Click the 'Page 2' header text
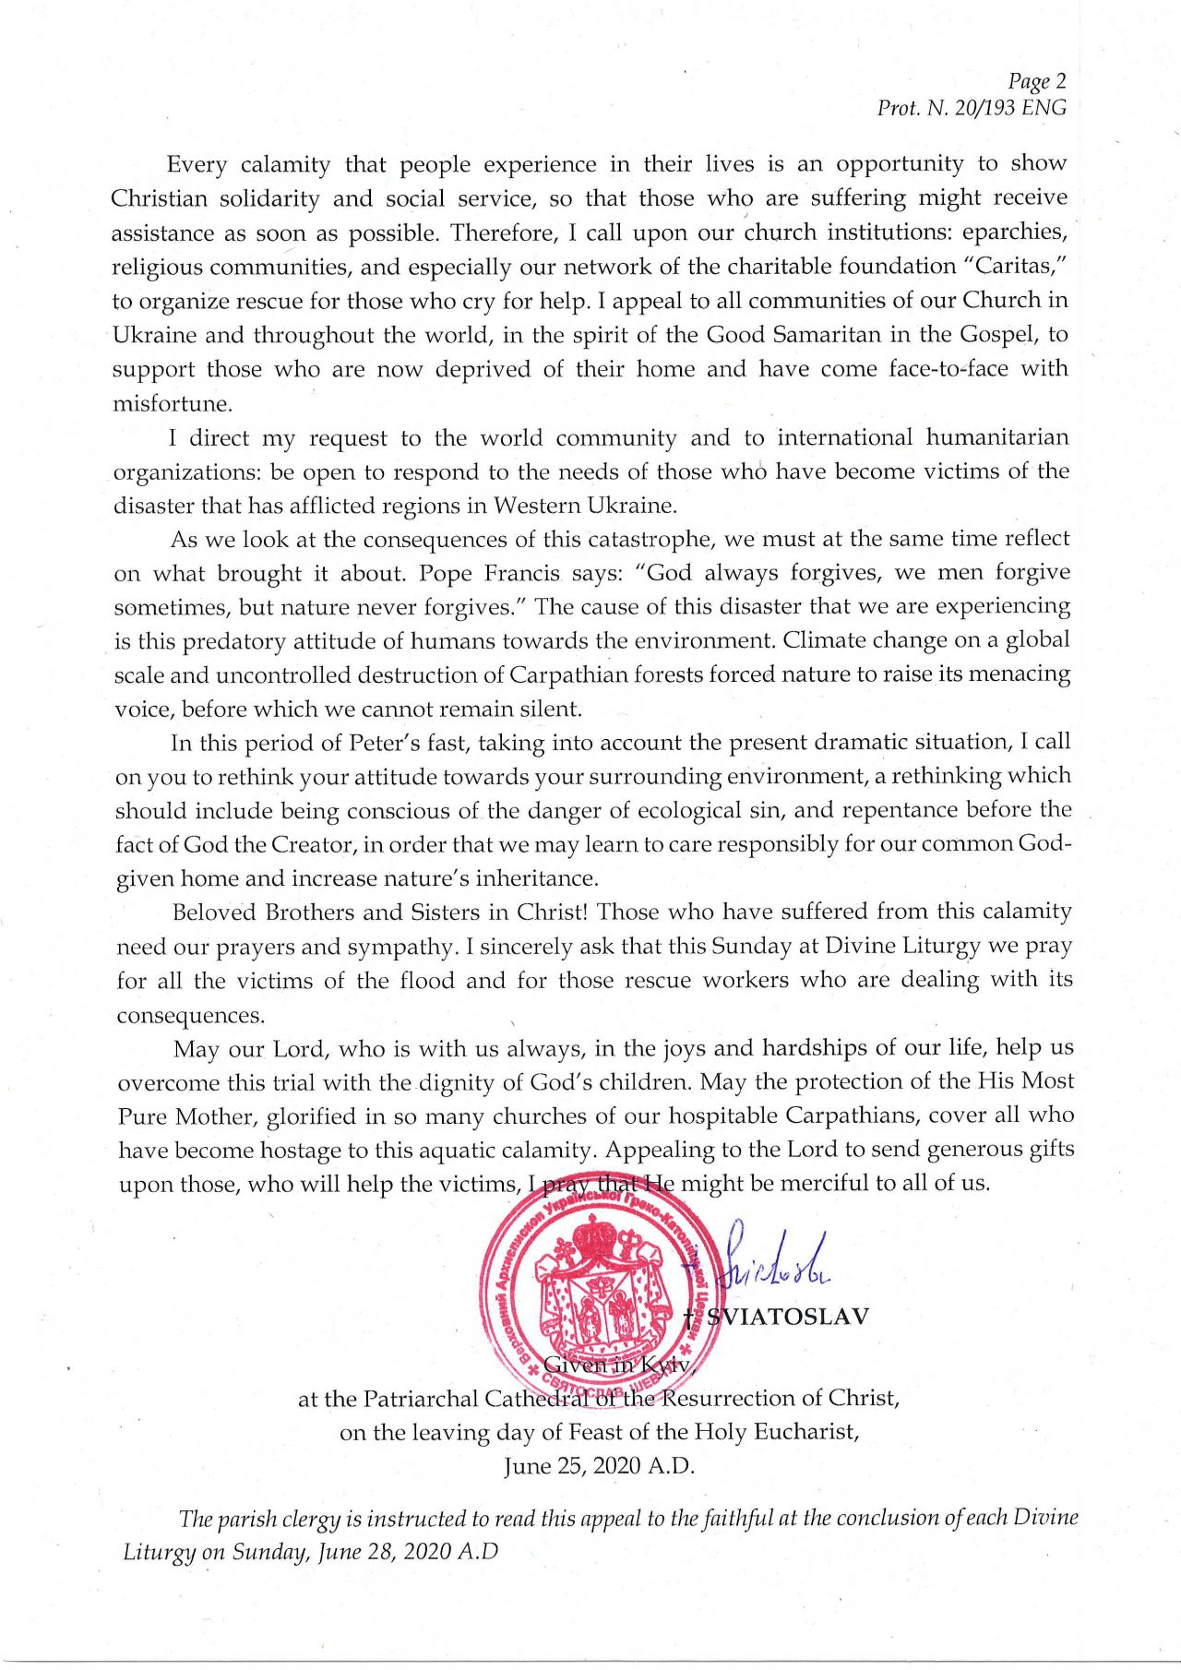[x=1036, y=82]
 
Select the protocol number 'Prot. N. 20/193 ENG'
[x=972, y=108]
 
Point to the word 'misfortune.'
[x=172, y=403]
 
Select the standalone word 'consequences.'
[x=190, y=1015]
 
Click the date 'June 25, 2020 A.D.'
[x=599, y=1466]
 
